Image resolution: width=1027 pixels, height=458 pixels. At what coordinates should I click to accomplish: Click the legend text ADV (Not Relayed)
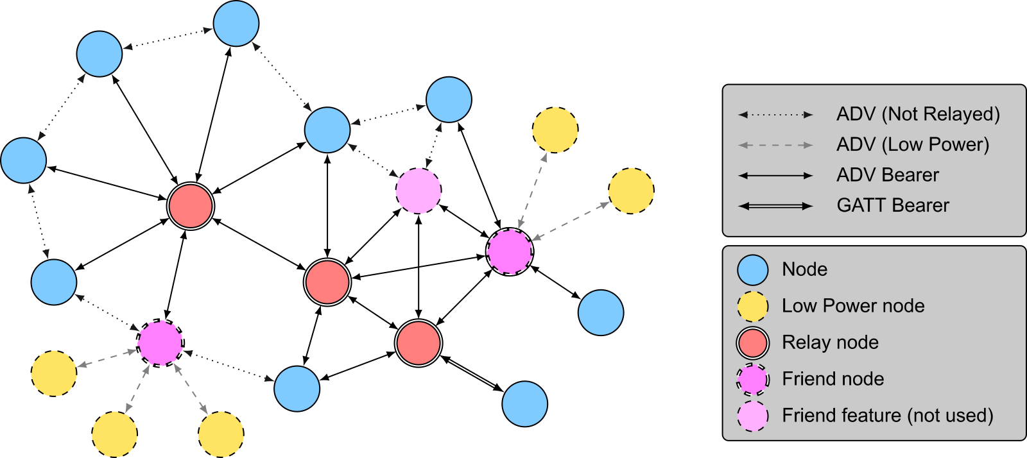tap(918, 114)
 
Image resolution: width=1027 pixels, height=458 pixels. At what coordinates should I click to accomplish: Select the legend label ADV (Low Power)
tap(912, 145)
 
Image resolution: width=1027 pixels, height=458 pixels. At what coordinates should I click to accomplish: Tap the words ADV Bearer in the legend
tap(887, 175)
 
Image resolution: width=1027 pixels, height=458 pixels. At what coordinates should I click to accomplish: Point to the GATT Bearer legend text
tap(892, 205)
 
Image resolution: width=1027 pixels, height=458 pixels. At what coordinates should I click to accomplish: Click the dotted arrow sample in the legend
tap(775, 115)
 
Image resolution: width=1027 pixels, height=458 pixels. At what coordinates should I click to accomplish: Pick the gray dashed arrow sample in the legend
tap(775, 145)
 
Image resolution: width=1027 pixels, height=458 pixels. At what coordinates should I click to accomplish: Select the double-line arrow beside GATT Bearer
tap(775, 206)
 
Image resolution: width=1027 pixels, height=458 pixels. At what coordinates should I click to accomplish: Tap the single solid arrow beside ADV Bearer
tap(775, 175)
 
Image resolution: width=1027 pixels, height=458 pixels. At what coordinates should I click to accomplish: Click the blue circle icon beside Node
tap(752, 270)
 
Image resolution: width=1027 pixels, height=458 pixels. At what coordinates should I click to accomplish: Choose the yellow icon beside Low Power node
tap(752, 307)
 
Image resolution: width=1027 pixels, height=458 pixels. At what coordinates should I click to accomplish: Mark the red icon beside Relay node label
tap(752, 343)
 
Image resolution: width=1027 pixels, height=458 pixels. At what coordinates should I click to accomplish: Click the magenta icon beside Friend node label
tap(752, 379)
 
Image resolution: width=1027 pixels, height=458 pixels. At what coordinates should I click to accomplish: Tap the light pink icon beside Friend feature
tap(752, 416)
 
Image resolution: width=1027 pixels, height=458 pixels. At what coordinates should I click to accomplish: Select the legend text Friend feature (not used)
tap(887, 416)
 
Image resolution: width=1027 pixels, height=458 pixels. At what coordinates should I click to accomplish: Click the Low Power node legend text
tap(852, 306)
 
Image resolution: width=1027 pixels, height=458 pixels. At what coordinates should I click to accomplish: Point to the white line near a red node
tap(471, 373)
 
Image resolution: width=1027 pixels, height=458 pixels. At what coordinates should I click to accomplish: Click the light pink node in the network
tap(419, 191)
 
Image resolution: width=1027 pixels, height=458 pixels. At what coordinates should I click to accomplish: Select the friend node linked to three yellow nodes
tap(160, 343)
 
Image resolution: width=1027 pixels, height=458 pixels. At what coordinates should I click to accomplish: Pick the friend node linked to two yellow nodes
tap(510, 251)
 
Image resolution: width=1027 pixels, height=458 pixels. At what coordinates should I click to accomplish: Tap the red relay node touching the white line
tap(419, 343)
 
